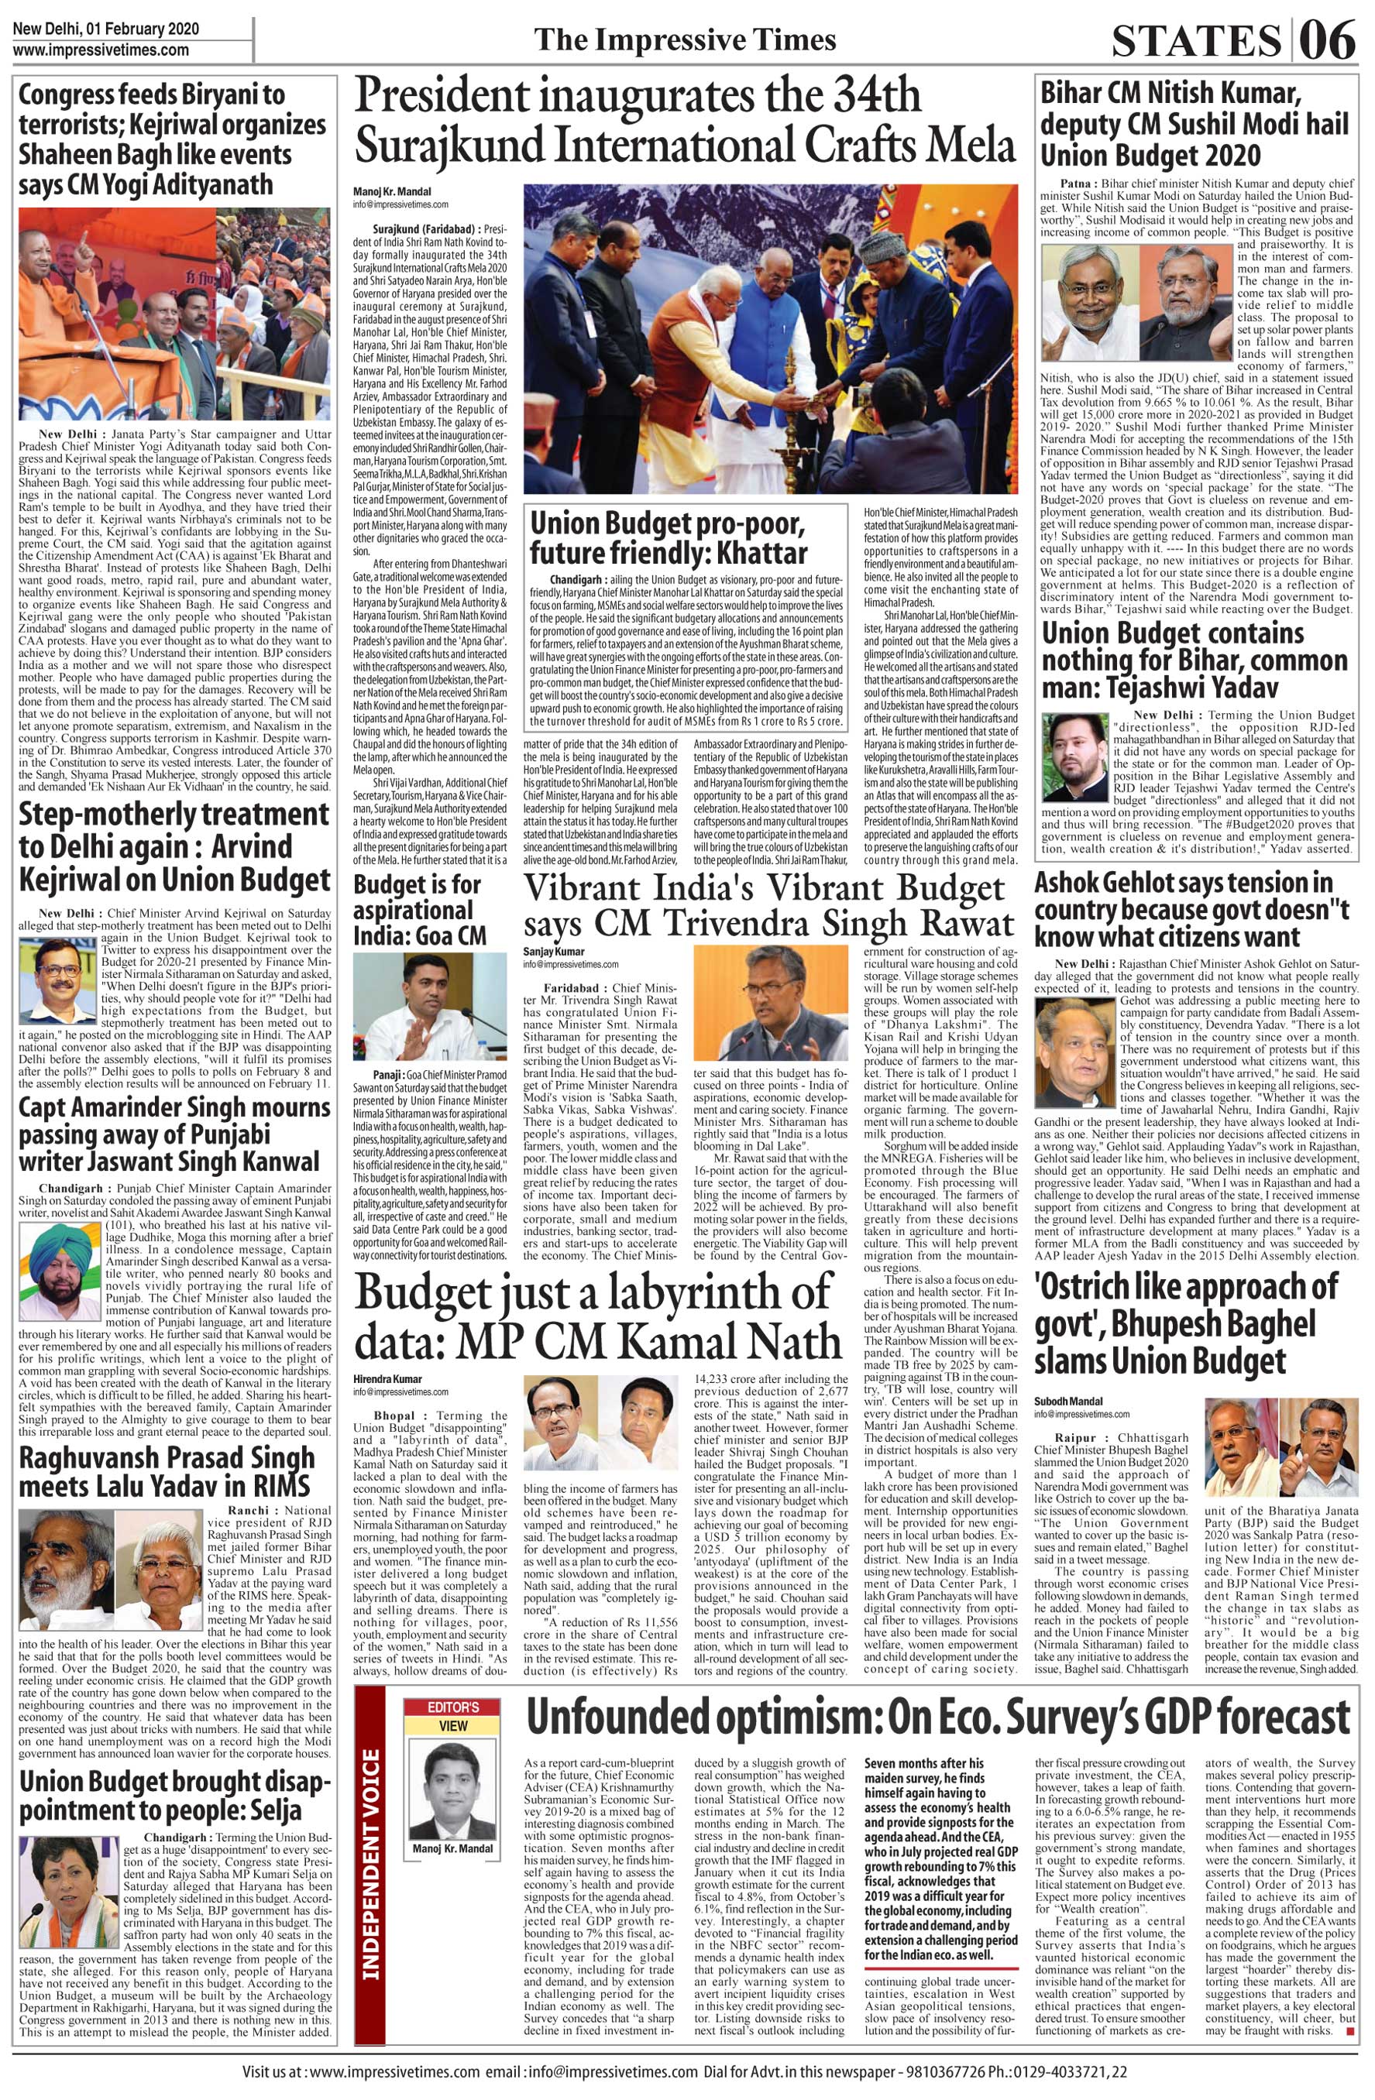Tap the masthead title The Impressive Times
[x=685, y=39]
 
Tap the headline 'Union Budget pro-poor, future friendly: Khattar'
[x=668, y=538]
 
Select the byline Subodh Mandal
[x=1068, y=1400]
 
